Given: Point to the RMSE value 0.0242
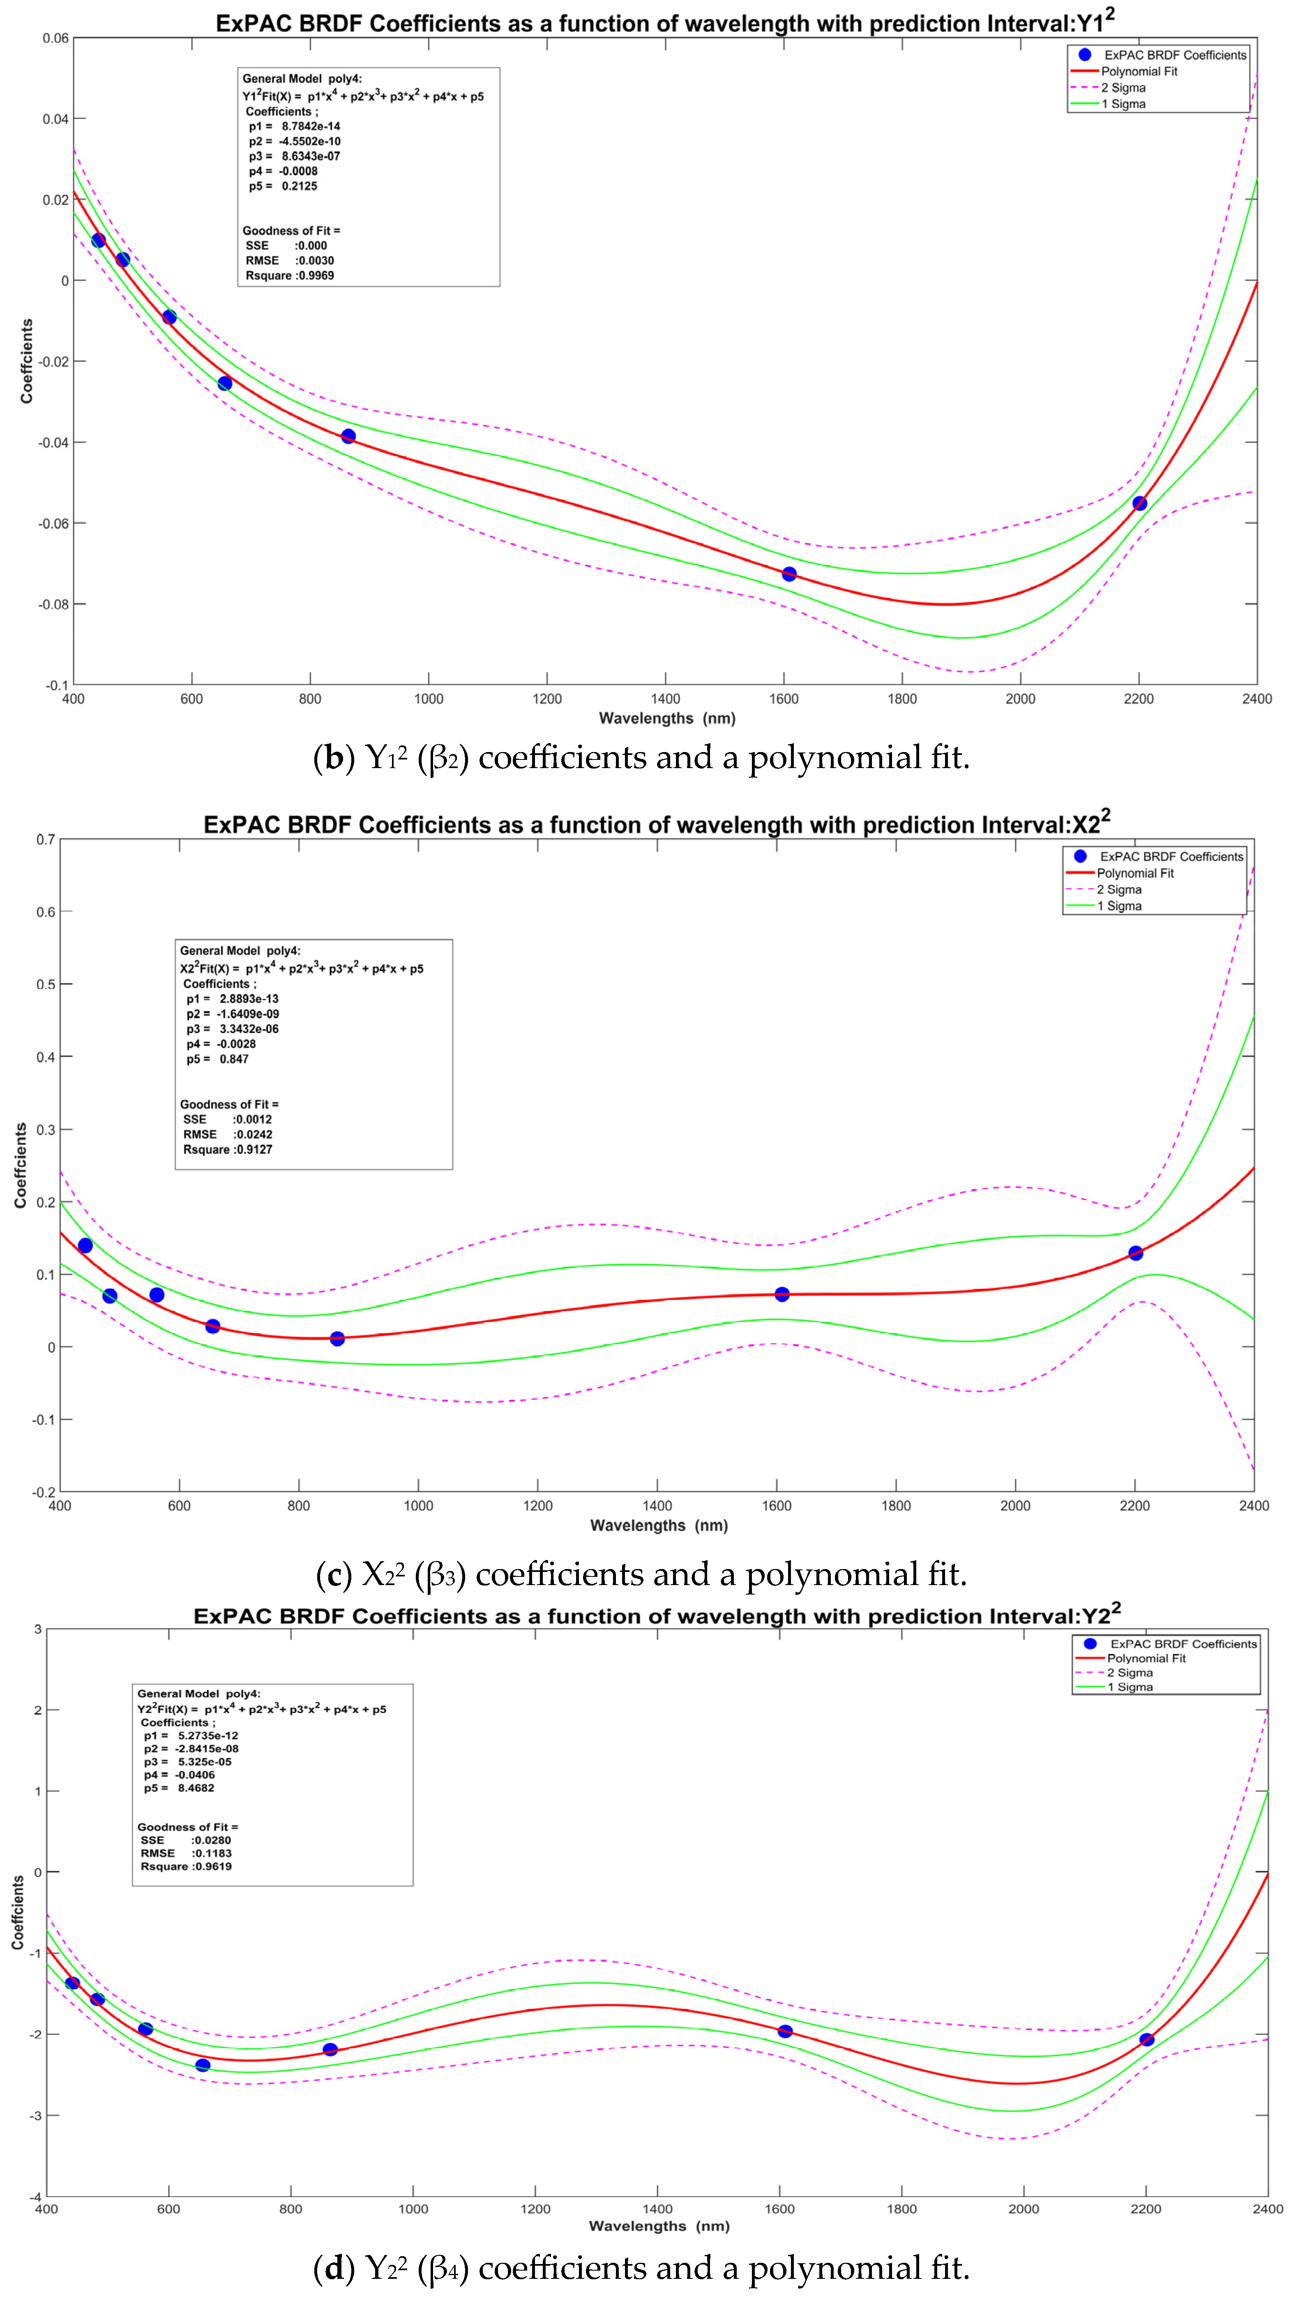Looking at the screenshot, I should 254,1134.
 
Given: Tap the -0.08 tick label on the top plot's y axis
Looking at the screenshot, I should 53,605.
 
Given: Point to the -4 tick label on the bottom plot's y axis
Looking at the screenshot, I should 36,2197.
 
